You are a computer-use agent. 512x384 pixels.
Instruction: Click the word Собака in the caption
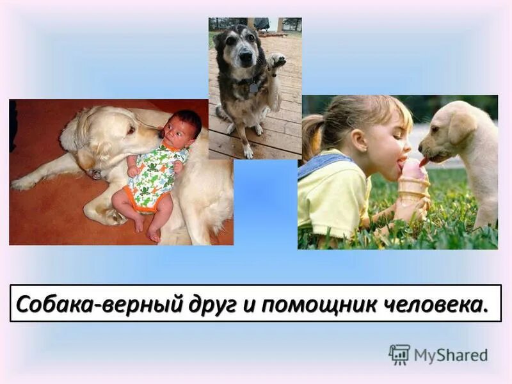pos(56,303)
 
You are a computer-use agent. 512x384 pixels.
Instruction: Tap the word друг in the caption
pos(206,303)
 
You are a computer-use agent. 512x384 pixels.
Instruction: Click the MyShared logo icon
pos(399,355)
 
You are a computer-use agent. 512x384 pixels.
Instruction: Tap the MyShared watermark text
pos(451,355)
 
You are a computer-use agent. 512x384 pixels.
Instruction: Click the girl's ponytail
pos(312,136)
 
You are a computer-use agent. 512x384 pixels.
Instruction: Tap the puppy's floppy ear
pos(463,126)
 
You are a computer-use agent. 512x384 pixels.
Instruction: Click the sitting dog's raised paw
pos(276,61)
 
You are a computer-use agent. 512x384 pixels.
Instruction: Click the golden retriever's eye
pos(130,131)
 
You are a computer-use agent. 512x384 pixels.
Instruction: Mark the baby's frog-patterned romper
pos(154,176)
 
